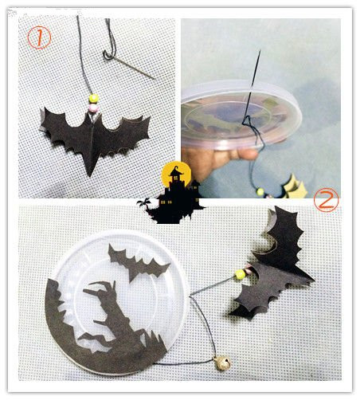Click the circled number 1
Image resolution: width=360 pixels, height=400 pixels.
click(x=39, y=38)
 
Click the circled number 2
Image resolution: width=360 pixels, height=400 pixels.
click(x=327, y=200)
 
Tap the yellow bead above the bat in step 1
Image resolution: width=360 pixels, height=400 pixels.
click(x=94, y=99)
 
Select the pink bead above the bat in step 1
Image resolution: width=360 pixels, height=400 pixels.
click(x=93, y=108)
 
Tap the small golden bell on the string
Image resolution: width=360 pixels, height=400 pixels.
click(x=222, y=363)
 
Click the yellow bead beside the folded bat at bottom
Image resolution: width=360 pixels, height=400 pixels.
click(x=240, y=274)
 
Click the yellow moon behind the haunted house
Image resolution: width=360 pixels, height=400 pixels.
click(x=176, y=173)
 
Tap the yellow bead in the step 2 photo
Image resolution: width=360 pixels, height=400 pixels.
click(x=260, y=191)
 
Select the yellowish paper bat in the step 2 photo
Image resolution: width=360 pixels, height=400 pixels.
click(x=295, y=187)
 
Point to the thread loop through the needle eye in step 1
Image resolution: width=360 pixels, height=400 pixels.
click(x=108, y=56)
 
